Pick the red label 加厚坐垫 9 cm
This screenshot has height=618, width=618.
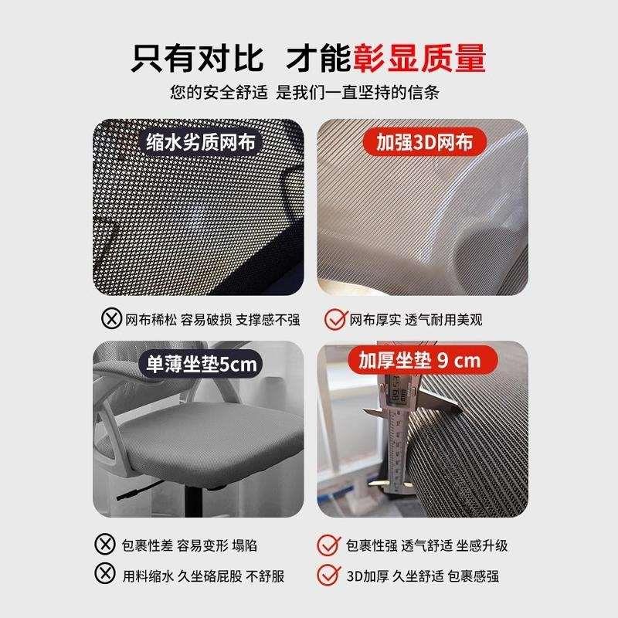(418, 360)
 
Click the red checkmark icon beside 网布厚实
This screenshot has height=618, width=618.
(334, 318)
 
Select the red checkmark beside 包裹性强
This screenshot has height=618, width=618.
(328, 545)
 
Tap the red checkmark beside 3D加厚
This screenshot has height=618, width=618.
(328, 575)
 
